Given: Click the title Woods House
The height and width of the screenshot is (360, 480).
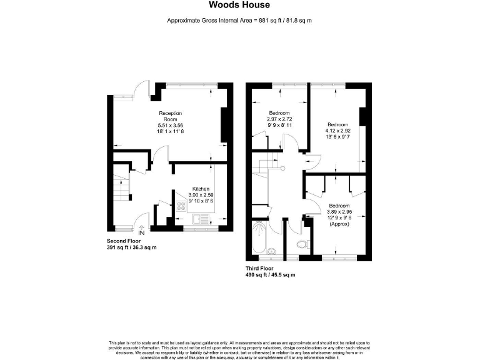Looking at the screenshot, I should click(239, 6).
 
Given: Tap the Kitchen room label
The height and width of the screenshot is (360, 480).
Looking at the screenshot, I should click(200, 189).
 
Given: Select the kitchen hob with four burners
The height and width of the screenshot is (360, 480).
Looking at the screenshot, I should click(182, 205).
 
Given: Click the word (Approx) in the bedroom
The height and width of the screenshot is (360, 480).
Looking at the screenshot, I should click(339, 223).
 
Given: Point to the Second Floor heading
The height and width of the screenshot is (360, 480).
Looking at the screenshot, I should click(123, 241).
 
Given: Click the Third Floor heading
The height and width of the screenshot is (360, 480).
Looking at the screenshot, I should click(261, 269).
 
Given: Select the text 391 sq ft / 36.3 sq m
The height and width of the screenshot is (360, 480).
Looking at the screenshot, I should click(131, 247).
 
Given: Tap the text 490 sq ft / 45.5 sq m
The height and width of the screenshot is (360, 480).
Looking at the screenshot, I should click(270, 275).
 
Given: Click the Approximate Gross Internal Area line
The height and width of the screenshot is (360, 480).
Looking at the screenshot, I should click(239, 21).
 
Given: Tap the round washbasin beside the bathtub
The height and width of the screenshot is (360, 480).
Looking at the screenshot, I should click(271, 252).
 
